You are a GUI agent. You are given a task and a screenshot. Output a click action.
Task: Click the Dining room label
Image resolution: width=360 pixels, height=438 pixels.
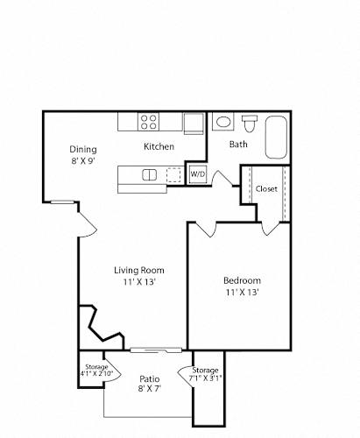click(x=83, y=149)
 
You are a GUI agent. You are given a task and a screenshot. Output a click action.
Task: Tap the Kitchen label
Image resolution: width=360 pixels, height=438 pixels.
click(x=159, y=146)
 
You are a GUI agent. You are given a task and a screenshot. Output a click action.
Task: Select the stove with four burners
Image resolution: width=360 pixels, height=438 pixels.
click(x=149, y=122)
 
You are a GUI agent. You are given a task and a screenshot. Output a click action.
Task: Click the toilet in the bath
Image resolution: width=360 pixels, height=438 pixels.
click(x=250, y=124)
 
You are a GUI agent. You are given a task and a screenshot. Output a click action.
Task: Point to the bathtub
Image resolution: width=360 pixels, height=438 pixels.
click(x=276, y=138)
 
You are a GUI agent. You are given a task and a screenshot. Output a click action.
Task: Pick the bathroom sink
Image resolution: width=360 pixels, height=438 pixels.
click(x=223, y=122)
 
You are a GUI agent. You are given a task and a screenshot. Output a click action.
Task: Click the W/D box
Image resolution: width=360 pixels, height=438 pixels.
click(x=198, y=174)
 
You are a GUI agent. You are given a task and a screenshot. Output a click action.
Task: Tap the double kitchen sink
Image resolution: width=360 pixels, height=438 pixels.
click(x=149, y=175)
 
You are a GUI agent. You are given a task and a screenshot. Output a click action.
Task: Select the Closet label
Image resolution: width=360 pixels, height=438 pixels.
click(x=266, y=189)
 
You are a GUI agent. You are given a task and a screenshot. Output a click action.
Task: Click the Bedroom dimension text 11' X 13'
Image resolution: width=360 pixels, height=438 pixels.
click(x=242, y=292)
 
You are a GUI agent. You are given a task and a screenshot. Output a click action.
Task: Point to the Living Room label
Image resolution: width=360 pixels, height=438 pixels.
click(x=139, y=270)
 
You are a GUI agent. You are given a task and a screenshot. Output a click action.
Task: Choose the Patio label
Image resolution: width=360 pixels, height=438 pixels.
click(x=150, y=379)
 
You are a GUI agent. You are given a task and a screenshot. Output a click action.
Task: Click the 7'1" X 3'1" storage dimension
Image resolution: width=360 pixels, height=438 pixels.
click(x=206, y=378)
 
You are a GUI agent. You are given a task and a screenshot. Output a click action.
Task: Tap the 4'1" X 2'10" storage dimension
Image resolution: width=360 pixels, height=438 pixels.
click(x=96, y=373)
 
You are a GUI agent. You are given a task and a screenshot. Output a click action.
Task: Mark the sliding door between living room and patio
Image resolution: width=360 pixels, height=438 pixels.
click(x=156, y=350)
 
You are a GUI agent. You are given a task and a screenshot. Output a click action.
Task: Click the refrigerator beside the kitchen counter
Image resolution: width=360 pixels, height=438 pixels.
click(x=194, y=124)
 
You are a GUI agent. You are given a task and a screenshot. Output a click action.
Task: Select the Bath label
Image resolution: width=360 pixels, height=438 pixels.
click(x=238, y=144)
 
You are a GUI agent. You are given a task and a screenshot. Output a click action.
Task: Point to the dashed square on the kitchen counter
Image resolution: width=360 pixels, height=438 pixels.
click(x=173, y=175)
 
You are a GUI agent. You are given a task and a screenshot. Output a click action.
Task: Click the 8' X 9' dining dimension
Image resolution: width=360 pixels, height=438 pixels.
click(x=83, y=161)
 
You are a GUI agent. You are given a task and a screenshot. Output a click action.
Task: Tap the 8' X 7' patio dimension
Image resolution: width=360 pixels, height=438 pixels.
click(x=150, y=389)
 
